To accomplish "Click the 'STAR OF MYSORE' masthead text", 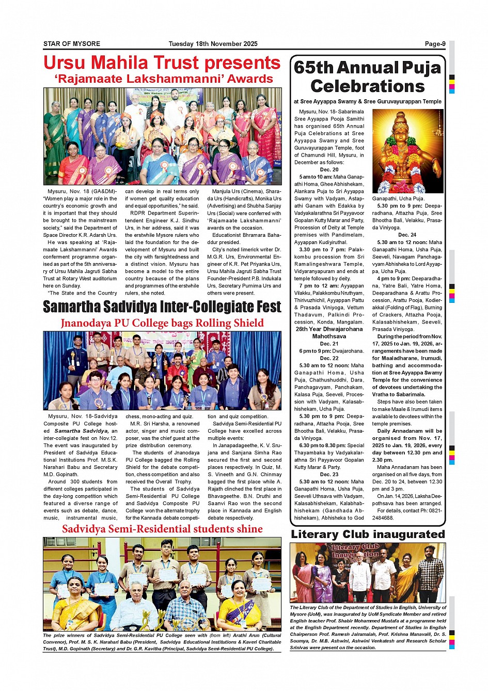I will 72,44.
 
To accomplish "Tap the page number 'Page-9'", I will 435,44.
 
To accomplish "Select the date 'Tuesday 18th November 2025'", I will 213,44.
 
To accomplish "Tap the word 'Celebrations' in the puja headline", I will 367,86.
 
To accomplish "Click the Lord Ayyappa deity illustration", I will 407,151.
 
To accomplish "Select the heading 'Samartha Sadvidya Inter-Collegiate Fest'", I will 162,307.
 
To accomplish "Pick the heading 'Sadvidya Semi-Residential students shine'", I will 162,529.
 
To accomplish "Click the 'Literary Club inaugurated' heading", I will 368,534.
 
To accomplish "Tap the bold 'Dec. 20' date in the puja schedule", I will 329,170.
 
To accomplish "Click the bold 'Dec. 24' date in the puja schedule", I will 407,235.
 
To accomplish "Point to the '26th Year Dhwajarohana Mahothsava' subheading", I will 329,332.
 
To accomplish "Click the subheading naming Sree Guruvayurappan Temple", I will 368,102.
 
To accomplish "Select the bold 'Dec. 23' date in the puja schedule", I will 329,474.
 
